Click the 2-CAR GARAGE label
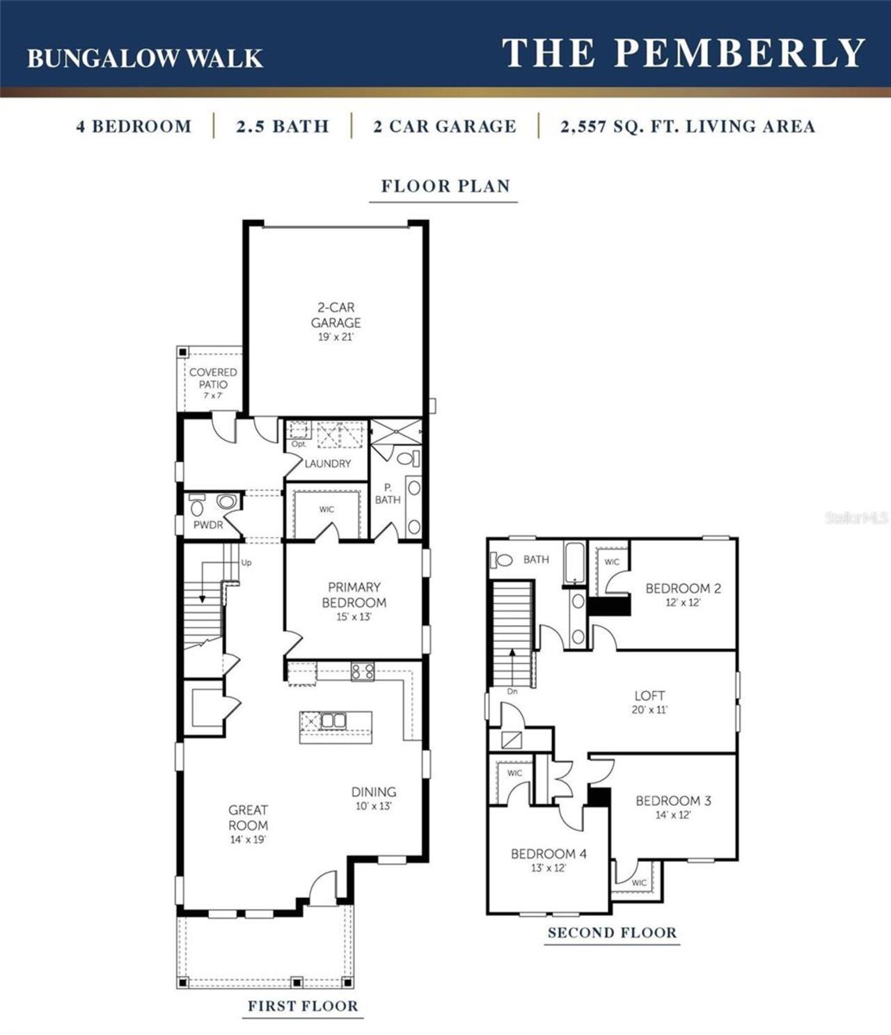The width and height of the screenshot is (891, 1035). tap(336, 315)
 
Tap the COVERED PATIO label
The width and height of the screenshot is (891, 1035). tap(213, 378)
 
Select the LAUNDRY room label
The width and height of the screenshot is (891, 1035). tap(327, 464)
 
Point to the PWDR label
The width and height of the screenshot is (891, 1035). tap(208, 525)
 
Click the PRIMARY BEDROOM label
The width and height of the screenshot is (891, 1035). tap(354, 595)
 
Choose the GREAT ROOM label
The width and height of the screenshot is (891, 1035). tap(248, 818)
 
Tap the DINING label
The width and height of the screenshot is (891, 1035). tap(374, 792)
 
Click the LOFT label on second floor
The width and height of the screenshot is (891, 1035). tap(649, 695)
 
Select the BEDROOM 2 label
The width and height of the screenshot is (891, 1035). tap(683, 588)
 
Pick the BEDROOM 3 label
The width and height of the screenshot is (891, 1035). tap(673, 800)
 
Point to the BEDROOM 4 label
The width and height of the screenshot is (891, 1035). tap(549, 853)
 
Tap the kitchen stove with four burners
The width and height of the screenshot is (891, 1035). tap(363, 672)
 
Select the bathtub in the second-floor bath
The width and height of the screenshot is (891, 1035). tap(575, 562)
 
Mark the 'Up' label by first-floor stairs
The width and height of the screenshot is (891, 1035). tap(246, 562)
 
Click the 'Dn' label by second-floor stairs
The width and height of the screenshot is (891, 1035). tap(512, 692)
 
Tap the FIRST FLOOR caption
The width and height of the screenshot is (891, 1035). tap(303, 1006)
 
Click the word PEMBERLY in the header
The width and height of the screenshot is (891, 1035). tap(739, 53)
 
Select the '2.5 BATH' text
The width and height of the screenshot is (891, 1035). tap(282, 127)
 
